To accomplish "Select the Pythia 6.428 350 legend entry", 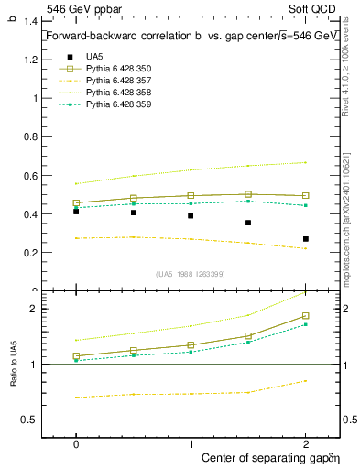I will [x=118, y=69].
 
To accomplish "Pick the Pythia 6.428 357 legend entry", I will [x=118, y=81].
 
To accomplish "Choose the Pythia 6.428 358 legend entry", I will [x=118, y=93].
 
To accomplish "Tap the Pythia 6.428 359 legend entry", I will [x=118, y=104].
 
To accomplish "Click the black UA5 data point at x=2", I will [x=305, y=239].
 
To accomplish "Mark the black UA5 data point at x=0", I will [x=76, y=211].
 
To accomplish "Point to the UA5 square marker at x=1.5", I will [x=248, y=223].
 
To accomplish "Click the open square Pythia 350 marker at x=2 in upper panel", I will [x=305, y=195].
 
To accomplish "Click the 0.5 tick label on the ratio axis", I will [x=28, y=420].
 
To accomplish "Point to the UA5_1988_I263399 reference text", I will [x=191, y=274].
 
